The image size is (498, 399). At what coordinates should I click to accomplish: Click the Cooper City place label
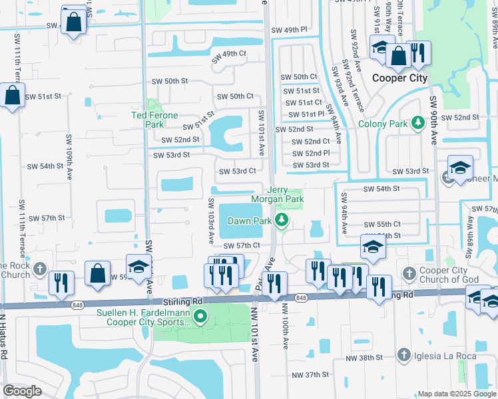point(398,78)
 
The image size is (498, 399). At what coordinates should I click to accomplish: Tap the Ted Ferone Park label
point(155,120)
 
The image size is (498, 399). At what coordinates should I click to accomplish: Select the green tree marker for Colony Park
point(417,122)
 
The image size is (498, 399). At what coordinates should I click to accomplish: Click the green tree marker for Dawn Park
point(282,220)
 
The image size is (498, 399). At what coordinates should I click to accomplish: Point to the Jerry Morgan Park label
point(277,194)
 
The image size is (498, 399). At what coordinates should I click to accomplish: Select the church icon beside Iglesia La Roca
point(403,356)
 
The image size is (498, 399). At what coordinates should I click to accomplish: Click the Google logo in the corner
point(22,391)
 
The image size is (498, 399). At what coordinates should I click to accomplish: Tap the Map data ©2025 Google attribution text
point(456,394)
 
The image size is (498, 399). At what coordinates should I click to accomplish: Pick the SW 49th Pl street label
point(289,30)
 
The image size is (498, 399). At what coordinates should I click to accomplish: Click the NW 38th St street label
point(368,358)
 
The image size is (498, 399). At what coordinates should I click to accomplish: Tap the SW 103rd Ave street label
point(210,220)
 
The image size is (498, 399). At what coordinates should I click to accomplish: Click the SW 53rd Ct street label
point(238,171)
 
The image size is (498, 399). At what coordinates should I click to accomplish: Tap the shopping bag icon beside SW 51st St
point(12,95)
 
